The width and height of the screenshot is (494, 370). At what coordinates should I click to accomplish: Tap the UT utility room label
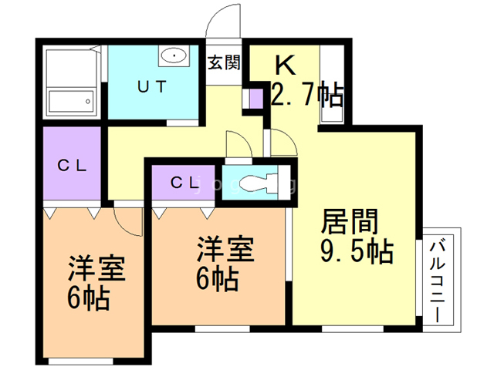pos(152,87)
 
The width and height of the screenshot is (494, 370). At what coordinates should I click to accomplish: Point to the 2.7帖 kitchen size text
pos(307,96)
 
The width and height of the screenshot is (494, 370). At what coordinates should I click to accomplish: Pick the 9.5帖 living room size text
pos(356,252)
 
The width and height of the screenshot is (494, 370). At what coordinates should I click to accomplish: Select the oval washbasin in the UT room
pos(174,56)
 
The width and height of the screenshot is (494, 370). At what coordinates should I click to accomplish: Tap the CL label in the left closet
pos(72,165)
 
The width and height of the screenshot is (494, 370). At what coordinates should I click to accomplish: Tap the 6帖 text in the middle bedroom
pos(217,279)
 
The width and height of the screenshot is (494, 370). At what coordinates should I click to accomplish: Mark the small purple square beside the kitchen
pos(255,99)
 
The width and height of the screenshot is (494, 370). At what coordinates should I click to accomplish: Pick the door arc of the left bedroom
pos(127,220)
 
